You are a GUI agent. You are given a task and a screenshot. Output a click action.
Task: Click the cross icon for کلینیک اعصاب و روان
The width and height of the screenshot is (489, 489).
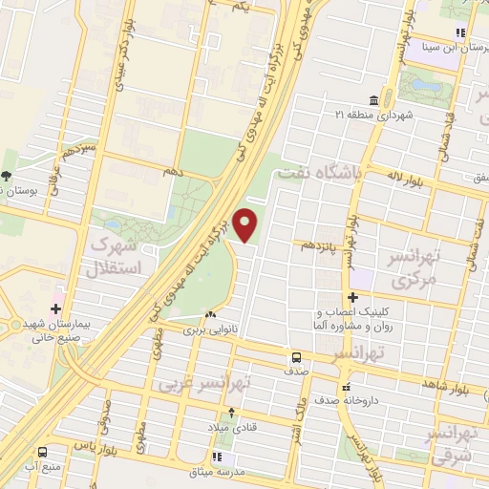point(352,298)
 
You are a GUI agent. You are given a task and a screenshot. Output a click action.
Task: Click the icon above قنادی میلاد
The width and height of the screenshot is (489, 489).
point(230,414)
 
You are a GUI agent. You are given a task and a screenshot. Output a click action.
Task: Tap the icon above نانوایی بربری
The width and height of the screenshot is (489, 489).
point(210,315)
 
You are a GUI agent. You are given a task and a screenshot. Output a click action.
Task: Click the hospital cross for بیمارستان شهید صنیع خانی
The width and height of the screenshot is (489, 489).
point(55,308)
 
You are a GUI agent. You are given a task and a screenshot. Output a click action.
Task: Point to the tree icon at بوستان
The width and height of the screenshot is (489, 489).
point(7,176)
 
